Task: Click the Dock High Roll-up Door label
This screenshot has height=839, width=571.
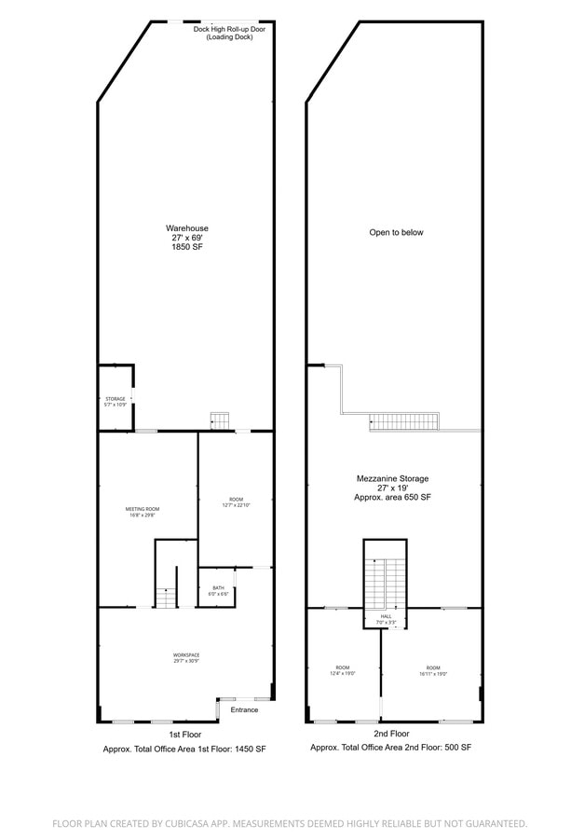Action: click(229, 29)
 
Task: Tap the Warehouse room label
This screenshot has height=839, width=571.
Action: click(186, 228)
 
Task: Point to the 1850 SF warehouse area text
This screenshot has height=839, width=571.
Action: click(186, 247)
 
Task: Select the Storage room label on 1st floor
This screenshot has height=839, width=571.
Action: click(115, 399)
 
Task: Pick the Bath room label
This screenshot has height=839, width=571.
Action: click(218, 587)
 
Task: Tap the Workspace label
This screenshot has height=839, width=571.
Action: click(186, 655)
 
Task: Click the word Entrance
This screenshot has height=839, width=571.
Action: click(244, 709)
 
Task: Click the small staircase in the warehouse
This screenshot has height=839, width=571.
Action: click(220, 419)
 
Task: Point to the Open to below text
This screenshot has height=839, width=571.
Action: click(396, 232)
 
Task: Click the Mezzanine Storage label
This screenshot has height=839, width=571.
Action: click(392, 478)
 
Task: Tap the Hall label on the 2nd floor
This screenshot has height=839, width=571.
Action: click(386, 616)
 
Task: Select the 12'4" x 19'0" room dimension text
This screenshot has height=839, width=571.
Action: click(343, 674)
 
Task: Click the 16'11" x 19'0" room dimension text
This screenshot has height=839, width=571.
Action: click(433, 674)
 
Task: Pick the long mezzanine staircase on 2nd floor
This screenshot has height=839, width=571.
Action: click(404, 420)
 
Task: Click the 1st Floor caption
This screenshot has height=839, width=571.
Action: click(185, 735)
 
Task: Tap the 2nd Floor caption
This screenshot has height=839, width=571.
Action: click(392, 735)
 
